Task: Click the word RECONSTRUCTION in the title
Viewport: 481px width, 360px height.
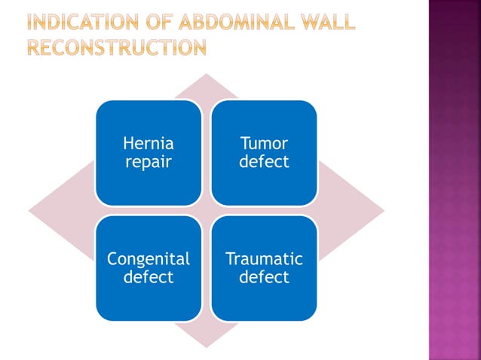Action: tap(117, 48)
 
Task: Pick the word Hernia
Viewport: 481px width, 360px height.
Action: tap(149, 143)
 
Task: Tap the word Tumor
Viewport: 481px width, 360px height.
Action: tap(264, 143)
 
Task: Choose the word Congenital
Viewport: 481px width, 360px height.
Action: tap(149, 259)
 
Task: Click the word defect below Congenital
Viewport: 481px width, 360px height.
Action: tap(149, 277)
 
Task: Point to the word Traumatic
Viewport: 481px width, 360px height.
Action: tap(264, 259)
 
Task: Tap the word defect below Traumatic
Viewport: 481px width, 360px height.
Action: tap(264, 277)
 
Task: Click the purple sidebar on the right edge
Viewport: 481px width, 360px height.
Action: tap(454, 181)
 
